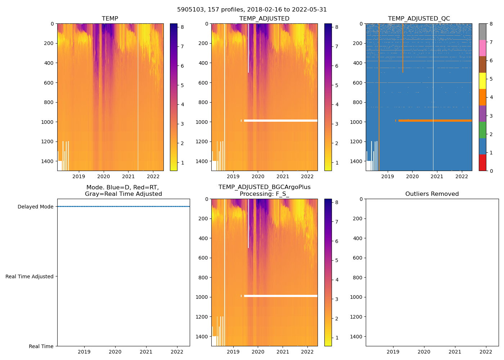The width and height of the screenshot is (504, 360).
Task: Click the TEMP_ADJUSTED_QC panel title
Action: point(419,19)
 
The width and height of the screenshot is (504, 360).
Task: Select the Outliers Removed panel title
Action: point(432,194)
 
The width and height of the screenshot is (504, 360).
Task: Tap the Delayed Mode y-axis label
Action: point(35,207)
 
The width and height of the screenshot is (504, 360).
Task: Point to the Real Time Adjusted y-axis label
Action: point(30,276)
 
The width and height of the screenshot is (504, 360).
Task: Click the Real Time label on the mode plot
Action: point(41,346)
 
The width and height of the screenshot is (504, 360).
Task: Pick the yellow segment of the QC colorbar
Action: point(482,81)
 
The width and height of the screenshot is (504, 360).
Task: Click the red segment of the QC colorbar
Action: point(482,162)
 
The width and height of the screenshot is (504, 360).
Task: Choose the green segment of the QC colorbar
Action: point(482,130)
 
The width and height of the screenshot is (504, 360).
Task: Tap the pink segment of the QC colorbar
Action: point(482,48)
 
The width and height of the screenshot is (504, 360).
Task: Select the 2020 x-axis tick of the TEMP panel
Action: point(104,176)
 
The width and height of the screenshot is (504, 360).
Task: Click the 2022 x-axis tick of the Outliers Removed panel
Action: point(486,352)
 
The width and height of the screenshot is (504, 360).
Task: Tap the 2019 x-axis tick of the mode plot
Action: point(84,352)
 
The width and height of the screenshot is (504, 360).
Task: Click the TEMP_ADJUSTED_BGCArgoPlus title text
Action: point(264,187)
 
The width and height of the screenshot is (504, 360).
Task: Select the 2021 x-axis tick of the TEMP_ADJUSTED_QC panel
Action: point(437,176)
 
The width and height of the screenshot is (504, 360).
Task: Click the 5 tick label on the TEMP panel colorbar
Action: point(182,85)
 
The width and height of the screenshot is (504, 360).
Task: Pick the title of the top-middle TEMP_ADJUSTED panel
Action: point(264,19)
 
